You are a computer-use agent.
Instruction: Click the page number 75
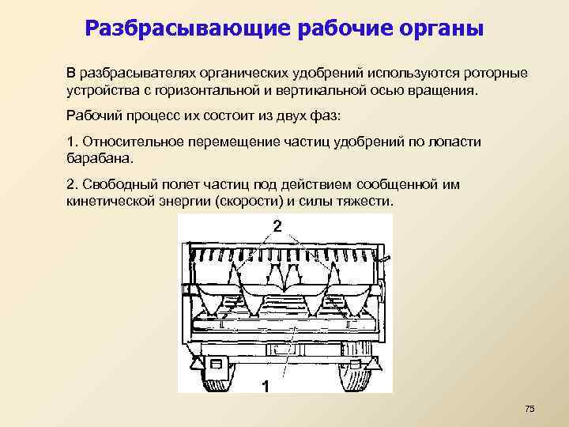pyautogui.click(x=529, y=408)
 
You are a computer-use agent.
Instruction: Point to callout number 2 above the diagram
pyautogui.click(x=277, y=225)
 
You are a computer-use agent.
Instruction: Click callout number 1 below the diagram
pyautogui.click(x=266, y=387)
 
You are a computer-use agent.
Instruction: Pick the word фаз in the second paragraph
pyautogui.click(x=326, y=115)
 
